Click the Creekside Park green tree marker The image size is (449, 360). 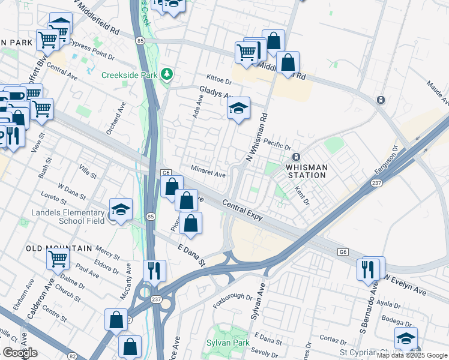click(167, 75)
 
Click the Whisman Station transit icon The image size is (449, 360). click(296, 157)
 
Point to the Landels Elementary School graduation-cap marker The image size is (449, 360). click(121, 209)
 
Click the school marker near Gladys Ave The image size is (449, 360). click(238, 108)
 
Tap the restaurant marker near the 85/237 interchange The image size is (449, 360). click(154, 270)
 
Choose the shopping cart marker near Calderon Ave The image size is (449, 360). click(58, 259)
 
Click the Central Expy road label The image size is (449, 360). click(243, 210)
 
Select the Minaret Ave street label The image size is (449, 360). click(208, 172)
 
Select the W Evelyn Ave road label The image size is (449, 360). click(405, 285)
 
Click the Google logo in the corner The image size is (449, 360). click(20, 353)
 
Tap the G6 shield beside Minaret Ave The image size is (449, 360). click(166, 173)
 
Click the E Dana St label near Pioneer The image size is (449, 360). click(191, 254)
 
